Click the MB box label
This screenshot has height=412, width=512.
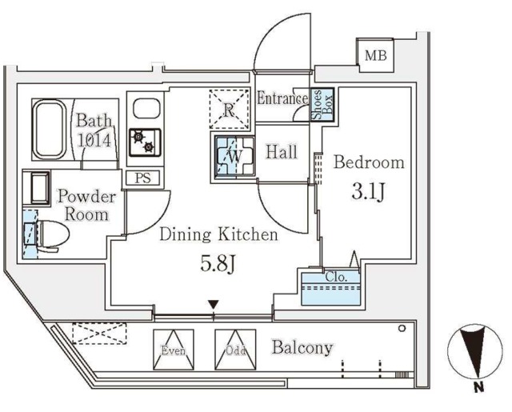pos(374,55)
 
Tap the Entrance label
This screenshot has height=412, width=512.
pos(282,99)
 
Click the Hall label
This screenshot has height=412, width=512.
pos(282,150)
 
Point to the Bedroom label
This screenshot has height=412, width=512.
pos(369,162)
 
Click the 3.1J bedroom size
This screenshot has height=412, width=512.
pos(369,193)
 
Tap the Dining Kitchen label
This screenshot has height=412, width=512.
pos(218,234)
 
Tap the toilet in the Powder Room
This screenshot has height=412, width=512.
pos(50,234)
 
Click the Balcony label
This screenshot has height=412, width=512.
pos(302,347)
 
